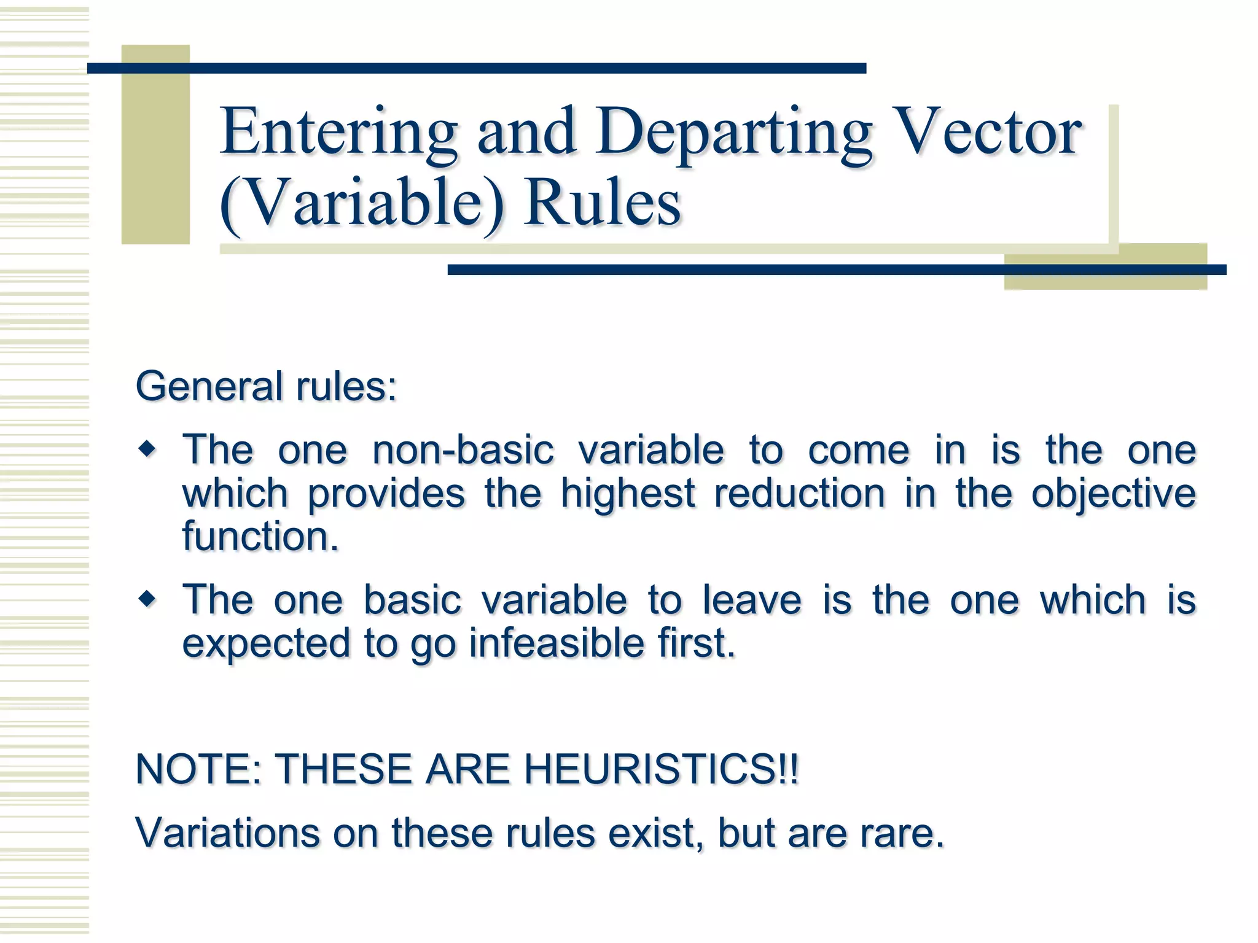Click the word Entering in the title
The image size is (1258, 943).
[x=339, y=132]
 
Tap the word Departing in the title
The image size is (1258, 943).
[x=733, y=132]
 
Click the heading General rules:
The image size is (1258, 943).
[x=266, y=387]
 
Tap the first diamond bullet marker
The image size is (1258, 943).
[x=147, y=450]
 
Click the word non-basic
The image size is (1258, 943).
[x=463, y=450]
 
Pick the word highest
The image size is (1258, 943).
[x=628, y=494]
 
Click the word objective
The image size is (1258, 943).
[x=1113, y=494]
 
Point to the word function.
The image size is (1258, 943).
[x=260, y=536]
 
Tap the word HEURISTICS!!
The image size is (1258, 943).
[x=661, y=769]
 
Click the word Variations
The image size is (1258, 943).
[x=227, y=833]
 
